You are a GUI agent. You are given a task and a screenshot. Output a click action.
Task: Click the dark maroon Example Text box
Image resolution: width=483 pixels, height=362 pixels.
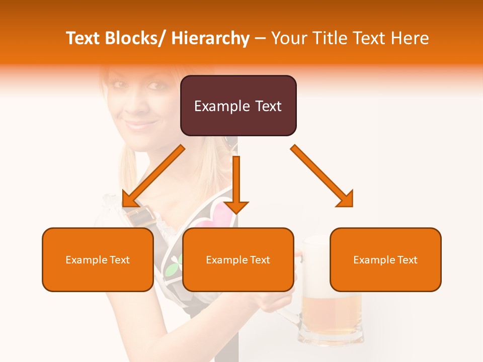(x=238, y=106)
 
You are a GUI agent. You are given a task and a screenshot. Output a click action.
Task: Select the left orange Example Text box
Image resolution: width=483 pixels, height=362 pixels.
(x=98, y=259)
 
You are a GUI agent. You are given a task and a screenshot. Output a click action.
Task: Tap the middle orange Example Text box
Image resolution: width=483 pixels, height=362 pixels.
(x=238, y=259)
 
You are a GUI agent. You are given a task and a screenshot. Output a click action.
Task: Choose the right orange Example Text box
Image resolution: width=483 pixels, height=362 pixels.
(x=385, y=259)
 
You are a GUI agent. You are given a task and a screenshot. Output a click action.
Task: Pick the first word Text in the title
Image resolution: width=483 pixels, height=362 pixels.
(x=83, y=38)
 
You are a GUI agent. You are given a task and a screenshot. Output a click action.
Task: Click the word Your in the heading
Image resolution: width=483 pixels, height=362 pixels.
(x=289, y=38)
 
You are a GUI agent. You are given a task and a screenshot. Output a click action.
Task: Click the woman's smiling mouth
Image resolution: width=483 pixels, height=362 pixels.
(x=142, y=124)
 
